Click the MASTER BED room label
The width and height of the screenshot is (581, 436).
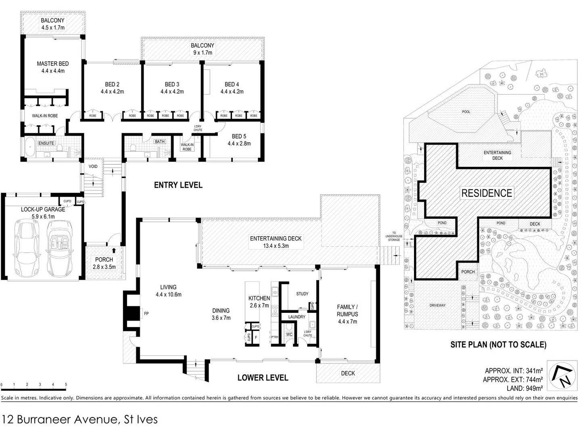coord(53,67)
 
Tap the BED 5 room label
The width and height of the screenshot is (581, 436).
coord(239,140)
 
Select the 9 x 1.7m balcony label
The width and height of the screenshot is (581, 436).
coord(203,49)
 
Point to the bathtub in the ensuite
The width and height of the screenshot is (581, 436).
coord(30,147)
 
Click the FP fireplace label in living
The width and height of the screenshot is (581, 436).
coord(146,313)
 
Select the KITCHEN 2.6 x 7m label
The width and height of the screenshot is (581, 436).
coord(259,302)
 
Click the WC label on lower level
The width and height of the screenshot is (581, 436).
coord(289,335)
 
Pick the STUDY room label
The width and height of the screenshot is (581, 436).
coord(302,293)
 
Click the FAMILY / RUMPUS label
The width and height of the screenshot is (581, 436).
coord(347,314)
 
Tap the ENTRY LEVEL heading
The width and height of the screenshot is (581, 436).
coord(178,185)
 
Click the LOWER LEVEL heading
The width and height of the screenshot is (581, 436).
coord(263,378)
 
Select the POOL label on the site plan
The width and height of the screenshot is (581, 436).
coord(466,112)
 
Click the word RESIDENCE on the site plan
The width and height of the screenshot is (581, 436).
coord(487,193)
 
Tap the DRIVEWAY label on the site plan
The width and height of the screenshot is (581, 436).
coord(437,305)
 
